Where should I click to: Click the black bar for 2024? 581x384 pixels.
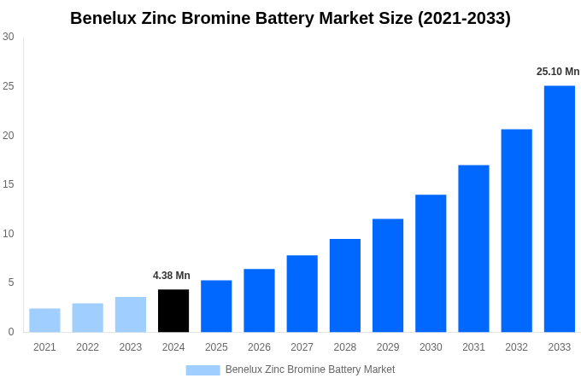[173, 311]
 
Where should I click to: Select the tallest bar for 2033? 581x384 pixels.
[559, 209]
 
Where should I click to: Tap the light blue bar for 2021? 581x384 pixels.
[44, 320]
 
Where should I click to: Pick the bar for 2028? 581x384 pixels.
[344, 285]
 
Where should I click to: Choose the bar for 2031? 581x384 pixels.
[473, 248]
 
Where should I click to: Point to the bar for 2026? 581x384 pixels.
[259, 300]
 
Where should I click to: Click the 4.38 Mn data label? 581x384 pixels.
[172, 276]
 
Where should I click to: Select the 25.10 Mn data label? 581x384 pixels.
[558, 72]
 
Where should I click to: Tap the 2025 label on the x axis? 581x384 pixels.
[216, 347]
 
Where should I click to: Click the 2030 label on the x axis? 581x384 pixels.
[431, 347]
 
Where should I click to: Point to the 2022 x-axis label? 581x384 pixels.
[87, 347]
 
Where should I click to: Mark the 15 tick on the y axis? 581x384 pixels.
[9, 184]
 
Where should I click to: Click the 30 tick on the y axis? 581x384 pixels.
[9, 37]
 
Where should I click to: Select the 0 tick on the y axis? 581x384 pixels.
[11, 332]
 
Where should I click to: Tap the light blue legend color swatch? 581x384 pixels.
[202, 370]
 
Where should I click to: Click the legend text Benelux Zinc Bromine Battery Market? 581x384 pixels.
[310, 369]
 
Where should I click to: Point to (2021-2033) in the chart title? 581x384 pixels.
[464, 18]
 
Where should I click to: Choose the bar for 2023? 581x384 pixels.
[131, 314]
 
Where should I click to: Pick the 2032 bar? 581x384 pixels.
[516, 230]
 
